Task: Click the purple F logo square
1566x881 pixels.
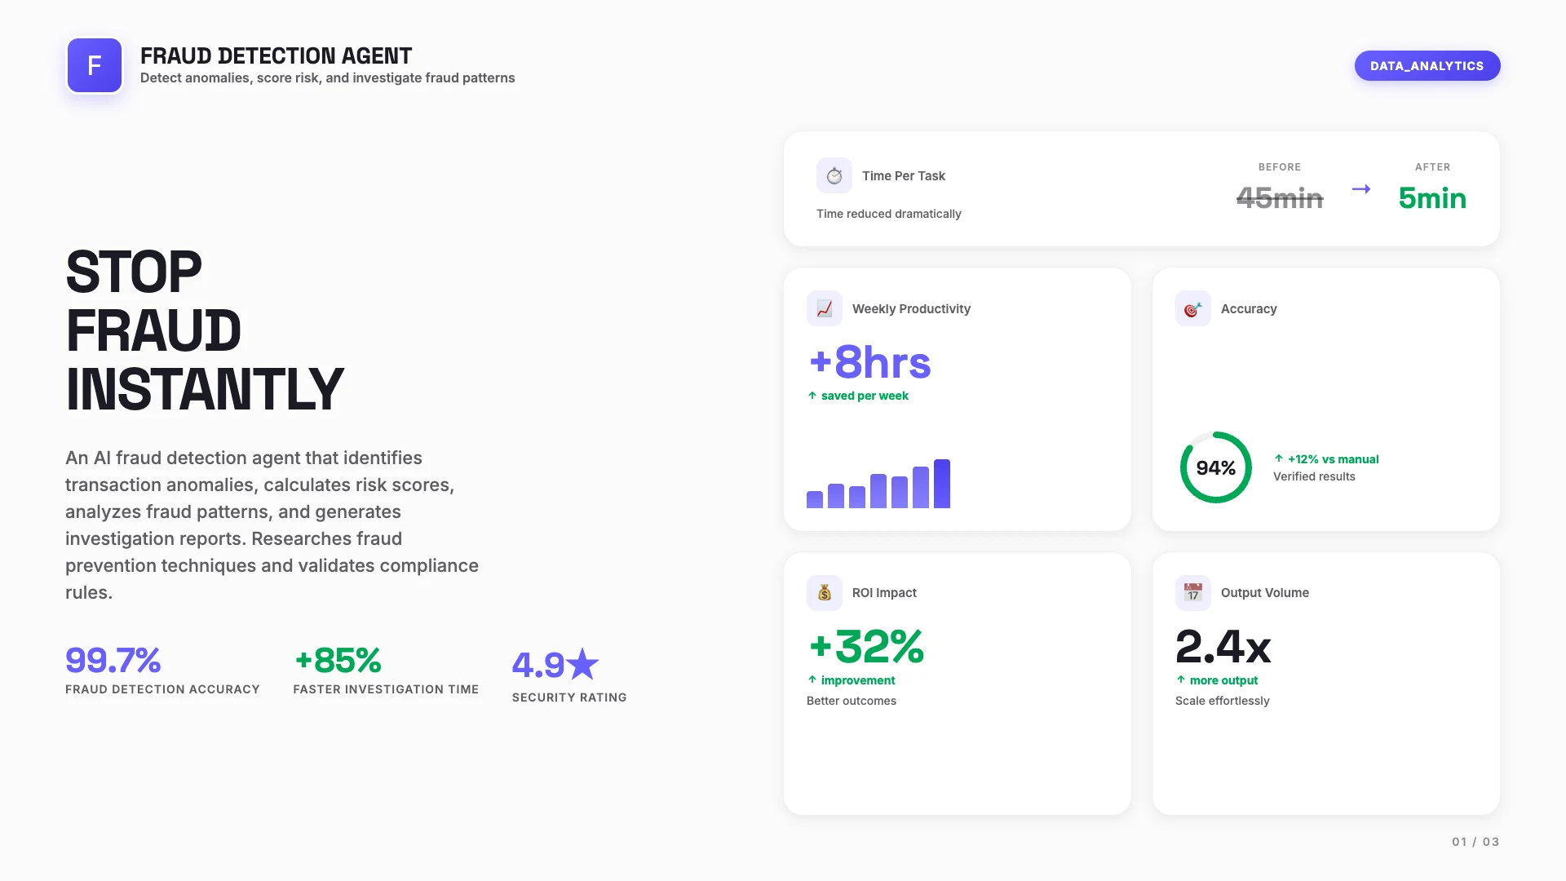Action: coord(95,65)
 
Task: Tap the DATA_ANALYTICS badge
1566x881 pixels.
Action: coord(1427,66)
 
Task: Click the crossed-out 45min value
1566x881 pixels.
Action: coord(1279,198)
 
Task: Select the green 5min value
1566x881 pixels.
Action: coord(1431,198)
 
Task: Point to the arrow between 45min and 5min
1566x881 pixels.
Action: coord(1361,189)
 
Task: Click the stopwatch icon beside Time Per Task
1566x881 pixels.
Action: coord(834,175)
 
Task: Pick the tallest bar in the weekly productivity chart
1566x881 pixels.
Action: coord(942,484)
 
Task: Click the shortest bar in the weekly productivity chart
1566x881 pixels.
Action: coord(814,499)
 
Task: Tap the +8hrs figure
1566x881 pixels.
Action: coord(869,362)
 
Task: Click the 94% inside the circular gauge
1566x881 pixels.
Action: coord(1215,468)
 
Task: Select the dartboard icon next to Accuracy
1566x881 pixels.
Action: coord(1192,309)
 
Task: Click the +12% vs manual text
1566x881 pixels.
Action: coord(1333,459)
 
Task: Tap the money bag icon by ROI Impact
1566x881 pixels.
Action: coord(824,593)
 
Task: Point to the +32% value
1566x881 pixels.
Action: coord(866,647)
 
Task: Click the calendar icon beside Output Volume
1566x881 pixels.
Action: coord(1192,593)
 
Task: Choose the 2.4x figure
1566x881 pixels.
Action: coord(1223,647)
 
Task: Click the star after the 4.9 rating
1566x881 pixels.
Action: coord(582,665)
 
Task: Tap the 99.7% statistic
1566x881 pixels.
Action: coord(113,660)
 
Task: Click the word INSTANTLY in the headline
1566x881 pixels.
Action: coord(205,389)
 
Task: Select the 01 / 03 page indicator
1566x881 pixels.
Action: coord(1475,842)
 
